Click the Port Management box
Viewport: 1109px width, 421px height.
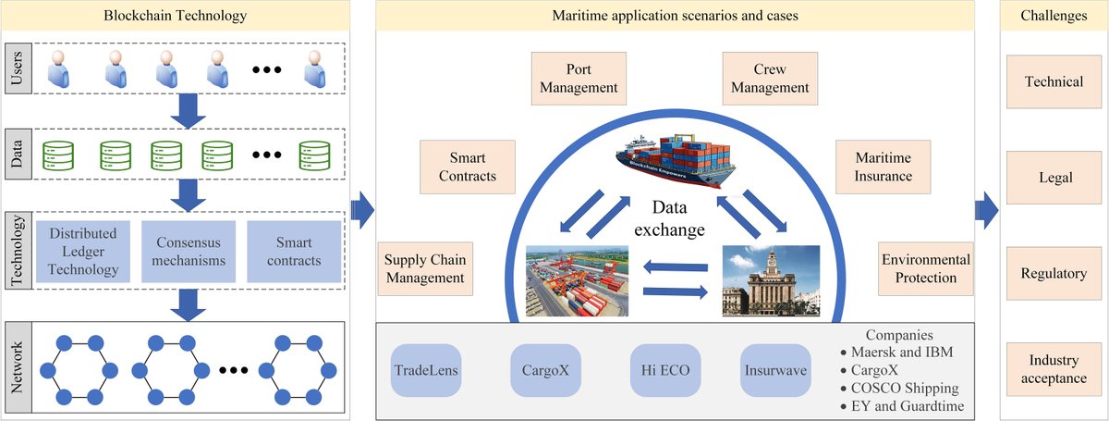point(579,79)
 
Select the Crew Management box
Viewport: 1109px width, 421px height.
point(770,79)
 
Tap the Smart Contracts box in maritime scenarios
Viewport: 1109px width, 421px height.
point(467,167)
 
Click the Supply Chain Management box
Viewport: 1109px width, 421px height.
point(425,268)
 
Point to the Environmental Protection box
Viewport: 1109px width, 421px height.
point(925,268)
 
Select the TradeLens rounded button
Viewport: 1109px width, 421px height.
point(426,371)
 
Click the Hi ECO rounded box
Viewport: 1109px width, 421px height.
point(665,371)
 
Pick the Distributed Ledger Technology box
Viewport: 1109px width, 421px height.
point(84,251)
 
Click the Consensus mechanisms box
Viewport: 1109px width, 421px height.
point(189,251)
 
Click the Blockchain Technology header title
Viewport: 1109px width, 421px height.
point(177,14)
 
